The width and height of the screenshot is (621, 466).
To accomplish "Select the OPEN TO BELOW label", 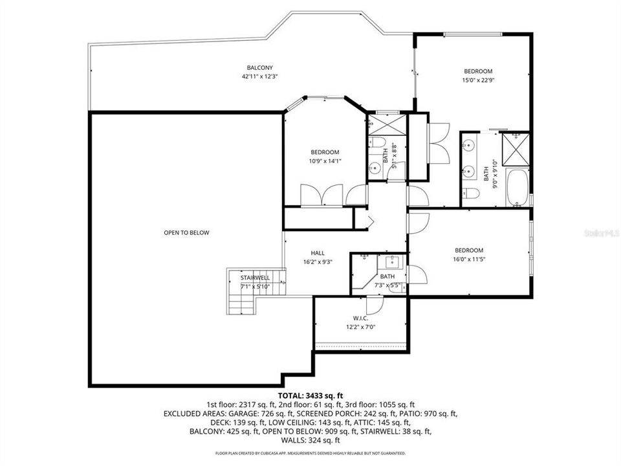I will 186,233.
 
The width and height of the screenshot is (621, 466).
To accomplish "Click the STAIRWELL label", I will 255,278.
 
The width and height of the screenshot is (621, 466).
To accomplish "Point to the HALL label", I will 318,253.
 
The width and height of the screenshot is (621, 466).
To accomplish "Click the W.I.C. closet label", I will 360,318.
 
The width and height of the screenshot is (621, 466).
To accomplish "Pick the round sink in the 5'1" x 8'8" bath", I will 373,170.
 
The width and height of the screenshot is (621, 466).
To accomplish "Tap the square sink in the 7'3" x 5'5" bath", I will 391,262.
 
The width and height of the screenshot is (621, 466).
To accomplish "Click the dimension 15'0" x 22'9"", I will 478,80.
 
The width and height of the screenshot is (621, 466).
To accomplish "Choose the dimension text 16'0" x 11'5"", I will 469,259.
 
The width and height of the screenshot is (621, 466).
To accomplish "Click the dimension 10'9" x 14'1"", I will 324,161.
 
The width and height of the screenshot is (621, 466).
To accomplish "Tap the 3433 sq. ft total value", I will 321,394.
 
